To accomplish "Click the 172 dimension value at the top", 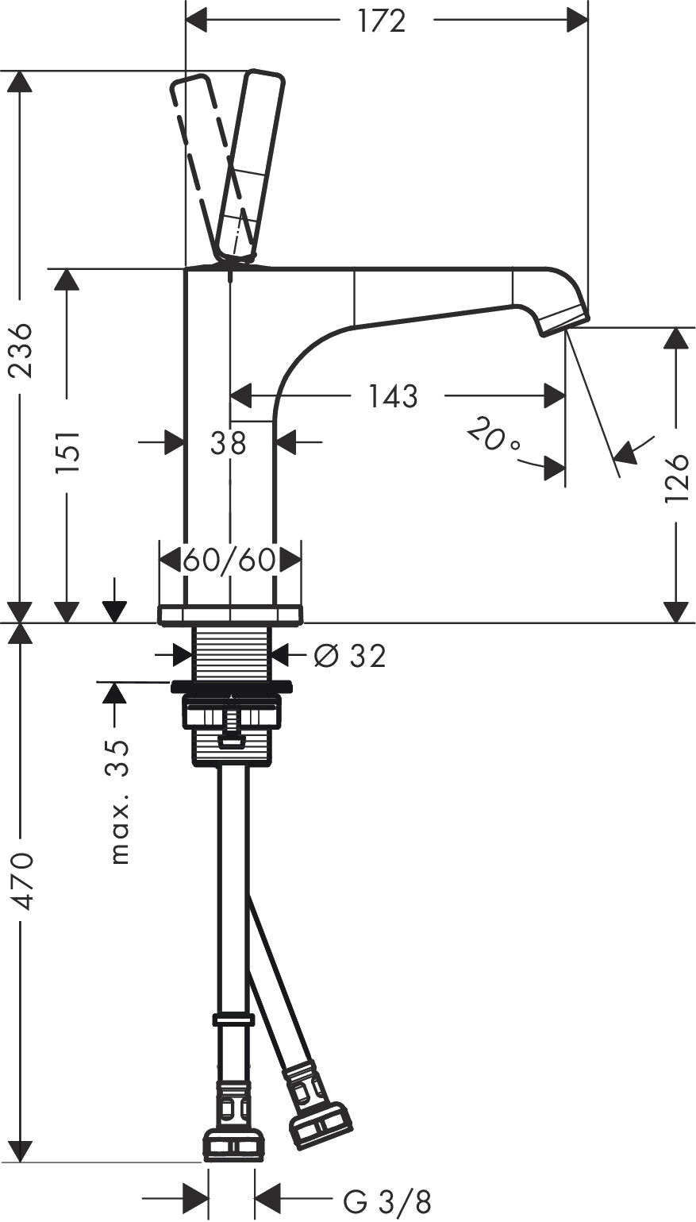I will tap(382, 21).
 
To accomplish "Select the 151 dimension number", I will tap(67, 452).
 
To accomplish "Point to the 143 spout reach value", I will tap(393, 395).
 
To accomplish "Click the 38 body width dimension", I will tap(229, 443).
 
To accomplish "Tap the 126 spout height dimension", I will tap(675, 477).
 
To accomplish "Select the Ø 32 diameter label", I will tap(349, 655).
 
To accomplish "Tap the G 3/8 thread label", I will tap(387, 1201).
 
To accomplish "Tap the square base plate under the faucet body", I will tap(230, 615).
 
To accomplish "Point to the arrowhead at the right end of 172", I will tap(578, 21).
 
